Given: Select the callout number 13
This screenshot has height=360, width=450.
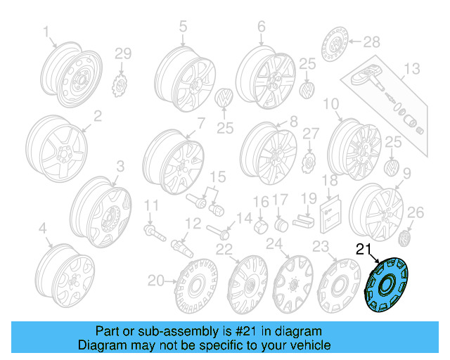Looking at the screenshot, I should (411, 68).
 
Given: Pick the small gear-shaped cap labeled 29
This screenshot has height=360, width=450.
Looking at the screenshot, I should (121, 84).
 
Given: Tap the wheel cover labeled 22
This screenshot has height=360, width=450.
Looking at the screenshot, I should (242, 285).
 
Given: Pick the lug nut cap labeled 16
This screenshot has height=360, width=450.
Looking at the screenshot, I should (259, 226).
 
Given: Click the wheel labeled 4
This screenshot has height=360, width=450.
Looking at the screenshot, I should (65, 274).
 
